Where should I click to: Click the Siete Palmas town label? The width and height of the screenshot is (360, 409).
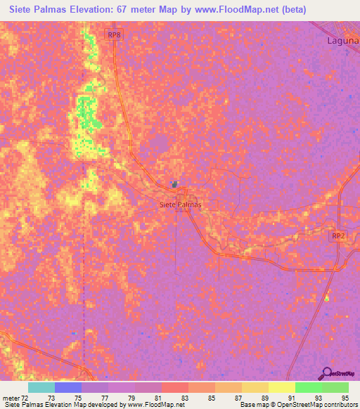[x=181, y=204]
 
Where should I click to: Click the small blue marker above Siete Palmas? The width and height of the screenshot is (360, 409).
[x=174, y=184]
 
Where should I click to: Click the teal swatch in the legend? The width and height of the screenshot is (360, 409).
[x=41, y=387]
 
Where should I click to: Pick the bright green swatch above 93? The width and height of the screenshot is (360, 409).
[x=309, y=387]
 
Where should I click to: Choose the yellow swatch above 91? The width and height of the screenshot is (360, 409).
[x=282, y=387]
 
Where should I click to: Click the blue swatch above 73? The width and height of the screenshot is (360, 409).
[x=68, y=387]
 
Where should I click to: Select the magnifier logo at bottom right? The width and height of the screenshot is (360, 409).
[x=325, y=373]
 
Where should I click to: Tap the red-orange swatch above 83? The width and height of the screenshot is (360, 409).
[x=175, y=387]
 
